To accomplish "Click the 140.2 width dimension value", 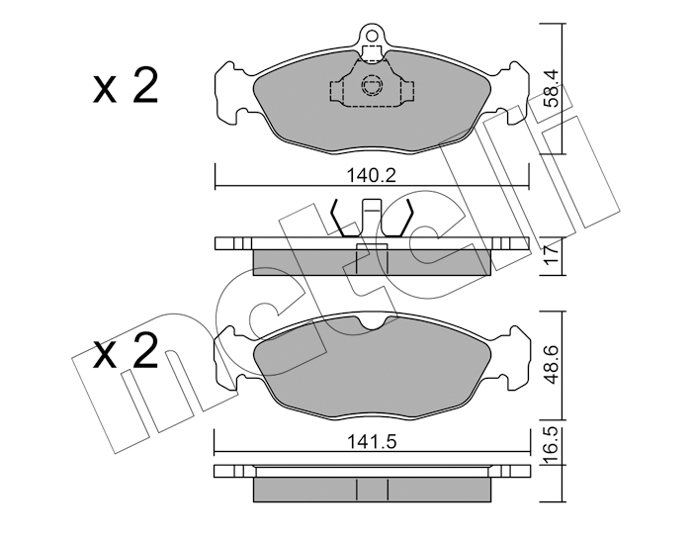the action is pyautogui.click(x=371, y=175).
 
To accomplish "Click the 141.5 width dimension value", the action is pyautogui.click(x=371, y=441).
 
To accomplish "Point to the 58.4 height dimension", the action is pyautogui.click(x=552, y=90).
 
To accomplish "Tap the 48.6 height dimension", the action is pyautogui.click(x=553, y=365).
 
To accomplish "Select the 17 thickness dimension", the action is pyautogui.click(x=552, y=256).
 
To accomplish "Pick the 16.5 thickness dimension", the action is pyautogui.click(x=552, y=445).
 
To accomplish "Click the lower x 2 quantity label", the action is pyautogui.click(x=126, y=350).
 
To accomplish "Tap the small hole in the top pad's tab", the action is pyautogui.click(x=371, y=35).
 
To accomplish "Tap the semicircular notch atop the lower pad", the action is pyautogui.click(x=371, y=322).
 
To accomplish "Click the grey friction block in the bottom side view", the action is pyautogui.click(x=372, y=490).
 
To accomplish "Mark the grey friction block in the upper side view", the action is pyautogui.click(x=372, y=262).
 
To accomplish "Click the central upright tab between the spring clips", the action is pyautogui.click(x=372, y=218).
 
